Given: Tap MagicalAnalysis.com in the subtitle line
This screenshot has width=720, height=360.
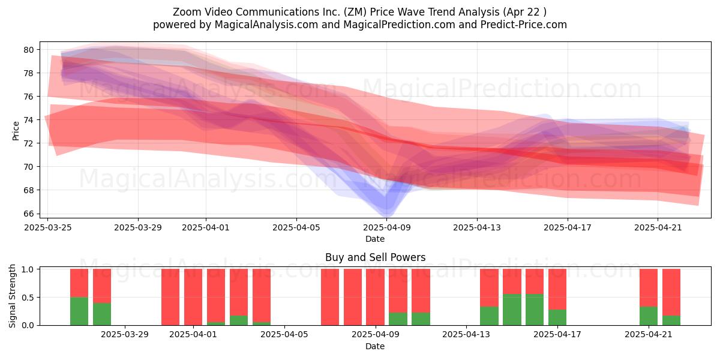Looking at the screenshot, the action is [266, 25].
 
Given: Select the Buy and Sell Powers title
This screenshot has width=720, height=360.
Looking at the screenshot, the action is [376, 257].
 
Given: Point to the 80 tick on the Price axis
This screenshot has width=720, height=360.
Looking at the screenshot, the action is [29, 50].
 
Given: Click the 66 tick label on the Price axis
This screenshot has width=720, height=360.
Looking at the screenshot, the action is [29, 214].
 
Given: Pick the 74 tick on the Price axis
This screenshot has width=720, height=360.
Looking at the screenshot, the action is [29, 120].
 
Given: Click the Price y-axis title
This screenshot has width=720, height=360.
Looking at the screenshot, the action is [16, 131].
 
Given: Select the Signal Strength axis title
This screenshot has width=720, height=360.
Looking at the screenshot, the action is [12, 296].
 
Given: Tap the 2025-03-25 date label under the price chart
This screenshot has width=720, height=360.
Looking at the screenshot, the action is [48, 228].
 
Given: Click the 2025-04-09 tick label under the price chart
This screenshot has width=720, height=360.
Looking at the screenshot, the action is [386, 228].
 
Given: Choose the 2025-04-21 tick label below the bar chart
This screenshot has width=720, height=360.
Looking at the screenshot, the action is [649, 335].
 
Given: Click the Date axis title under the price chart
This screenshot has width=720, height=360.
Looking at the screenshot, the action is [375, 239].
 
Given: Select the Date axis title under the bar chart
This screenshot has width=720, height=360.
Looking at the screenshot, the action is [375, 347].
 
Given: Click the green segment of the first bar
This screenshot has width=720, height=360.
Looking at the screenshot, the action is [79, 311].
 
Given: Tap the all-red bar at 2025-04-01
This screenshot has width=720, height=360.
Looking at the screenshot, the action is [193, 297].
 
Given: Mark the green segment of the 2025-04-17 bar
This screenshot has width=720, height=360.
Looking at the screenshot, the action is [557, 317].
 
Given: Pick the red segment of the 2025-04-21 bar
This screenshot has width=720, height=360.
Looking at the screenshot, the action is [649, 288].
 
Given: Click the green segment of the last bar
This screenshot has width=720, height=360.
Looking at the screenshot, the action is [671, 320].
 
